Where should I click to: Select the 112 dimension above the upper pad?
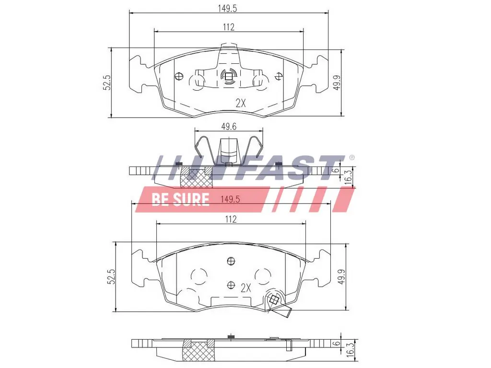pos(229,27)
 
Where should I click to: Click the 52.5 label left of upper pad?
pos(107,82)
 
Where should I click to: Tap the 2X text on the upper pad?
pos(241,102)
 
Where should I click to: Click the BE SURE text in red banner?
pos(180,199)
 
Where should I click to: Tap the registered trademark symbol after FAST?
pos(351,157)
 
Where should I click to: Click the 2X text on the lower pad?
pos(245,288)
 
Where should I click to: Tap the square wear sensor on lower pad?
pos(275,300)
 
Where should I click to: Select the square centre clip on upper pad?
pos(229,76)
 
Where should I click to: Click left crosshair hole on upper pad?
pos(180,75)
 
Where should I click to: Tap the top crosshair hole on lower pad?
pos(231,261)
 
